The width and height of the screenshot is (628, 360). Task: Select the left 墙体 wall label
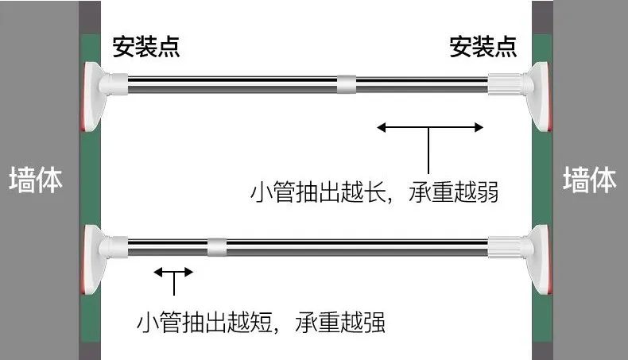coord(35,180)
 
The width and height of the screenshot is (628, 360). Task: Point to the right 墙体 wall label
coord(590,180)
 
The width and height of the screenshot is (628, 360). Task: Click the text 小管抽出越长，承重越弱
coord(374,193)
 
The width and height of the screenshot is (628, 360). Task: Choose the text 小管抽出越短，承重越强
coord(262,323)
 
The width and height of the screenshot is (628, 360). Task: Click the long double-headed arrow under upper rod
coord(430,128)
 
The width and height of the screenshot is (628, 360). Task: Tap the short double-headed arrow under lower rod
coord(173,273)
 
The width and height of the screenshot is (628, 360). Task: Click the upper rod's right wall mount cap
coord(536,96)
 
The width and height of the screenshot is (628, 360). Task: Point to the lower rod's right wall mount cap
coord(536,259)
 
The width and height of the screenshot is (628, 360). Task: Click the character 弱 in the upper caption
coord(487,193)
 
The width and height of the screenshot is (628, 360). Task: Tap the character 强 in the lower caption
coord(374,323)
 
